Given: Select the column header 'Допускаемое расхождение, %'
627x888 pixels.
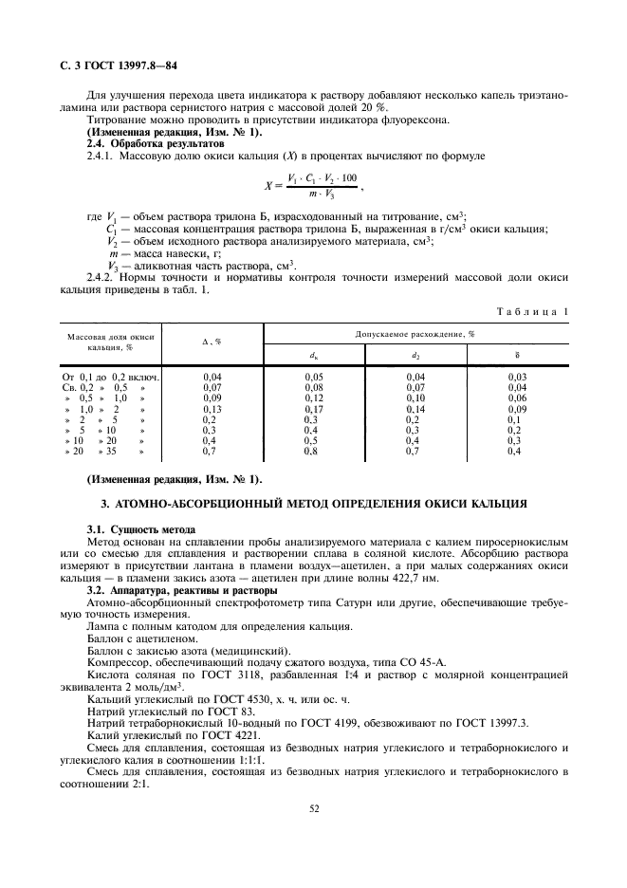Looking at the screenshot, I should pos(415,335).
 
